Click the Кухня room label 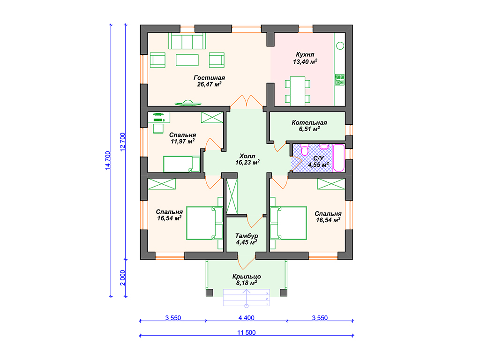(x=305, y=58)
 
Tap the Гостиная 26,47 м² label (x=210, y=81)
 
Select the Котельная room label (x=309, y=126)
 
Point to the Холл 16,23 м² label (x=247, y=159)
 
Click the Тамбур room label (x=247, y=239)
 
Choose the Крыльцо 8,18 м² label (x=247, y=280)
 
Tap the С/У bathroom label (x=318, y=161)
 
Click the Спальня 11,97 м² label (x=182, y=138)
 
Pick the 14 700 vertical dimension (x=107, y=160)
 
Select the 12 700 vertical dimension (x=122, y=142)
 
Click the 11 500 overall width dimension (x=247, y=332)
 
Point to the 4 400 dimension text (x=247, y=318)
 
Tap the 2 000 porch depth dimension (x=122, y=277)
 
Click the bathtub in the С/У (x=338, y=158)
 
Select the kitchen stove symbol (x=340, y=80)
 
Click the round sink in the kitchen (x=340, y=46)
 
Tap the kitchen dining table (x=298, y=91)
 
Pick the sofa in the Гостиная (x=187, y=41)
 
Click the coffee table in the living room (x=187, y=60)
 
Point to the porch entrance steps (x=247, y=298)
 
